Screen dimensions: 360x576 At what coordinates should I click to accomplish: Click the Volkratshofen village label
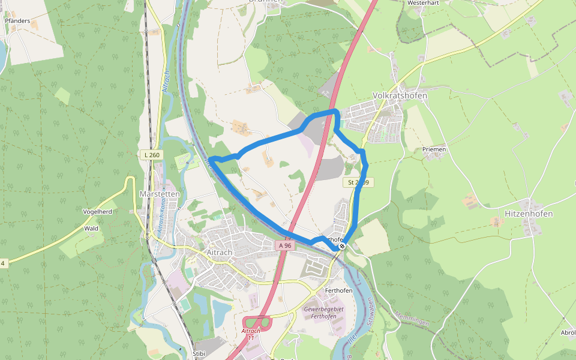(400, 95)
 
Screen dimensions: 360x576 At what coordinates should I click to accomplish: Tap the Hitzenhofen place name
(529, 214)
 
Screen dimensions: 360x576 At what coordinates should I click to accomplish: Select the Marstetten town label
(160, 194)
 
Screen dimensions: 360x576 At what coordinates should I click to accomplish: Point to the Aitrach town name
(219, 253)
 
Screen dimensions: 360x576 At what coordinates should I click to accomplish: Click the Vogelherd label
(98, 212)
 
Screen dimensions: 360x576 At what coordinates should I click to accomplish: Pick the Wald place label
(91, 229)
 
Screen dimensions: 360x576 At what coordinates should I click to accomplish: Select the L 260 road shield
(152, 155)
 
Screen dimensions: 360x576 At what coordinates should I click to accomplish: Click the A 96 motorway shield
(285, 245)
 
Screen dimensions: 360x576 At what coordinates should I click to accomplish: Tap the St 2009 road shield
(358, 182)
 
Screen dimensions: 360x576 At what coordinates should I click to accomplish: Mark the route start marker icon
(342, 246)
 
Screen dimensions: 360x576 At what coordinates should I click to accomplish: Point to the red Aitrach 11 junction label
(251, 334)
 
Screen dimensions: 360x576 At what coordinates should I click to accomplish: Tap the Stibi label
(199, 354)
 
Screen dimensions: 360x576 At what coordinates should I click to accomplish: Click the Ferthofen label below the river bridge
(337, 290)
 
